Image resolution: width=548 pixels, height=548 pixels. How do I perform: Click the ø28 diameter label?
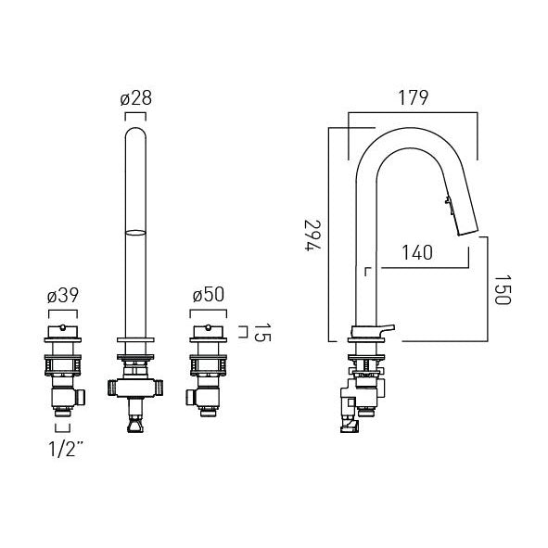136,98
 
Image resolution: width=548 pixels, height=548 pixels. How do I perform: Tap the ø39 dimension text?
63,296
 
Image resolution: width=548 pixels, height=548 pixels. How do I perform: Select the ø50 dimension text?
209,295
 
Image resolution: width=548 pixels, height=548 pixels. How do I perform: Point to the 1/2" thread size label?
66,449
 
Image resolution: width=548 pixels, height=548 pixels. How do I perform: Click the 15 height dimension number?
262,332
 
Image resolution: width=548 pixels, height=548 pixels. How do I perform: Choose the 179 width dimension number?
414,98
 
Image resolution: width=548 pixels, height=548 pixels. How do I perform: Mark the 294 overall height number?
312,236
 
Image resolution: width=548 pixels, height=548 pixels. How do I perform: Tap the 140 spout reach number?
417,253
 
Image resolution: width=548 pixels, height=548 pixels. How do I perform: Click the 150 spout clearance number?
503,289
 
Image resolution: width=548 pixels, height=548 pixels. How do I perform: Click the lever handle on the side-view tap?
374,330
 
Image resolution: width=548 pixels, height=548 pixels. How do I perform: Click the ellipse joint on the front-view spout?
135,233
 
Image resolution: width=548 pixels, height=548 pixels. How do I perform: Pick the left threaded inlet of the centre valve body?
112,388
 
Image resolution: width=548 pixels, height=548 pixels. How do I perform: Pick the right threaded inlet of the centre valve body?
159,388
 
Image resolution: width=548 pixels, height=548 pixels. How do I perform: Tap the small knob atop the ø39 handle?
62,327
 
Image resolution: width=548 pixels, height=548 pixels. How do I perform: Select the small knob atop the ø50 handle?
209,327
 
